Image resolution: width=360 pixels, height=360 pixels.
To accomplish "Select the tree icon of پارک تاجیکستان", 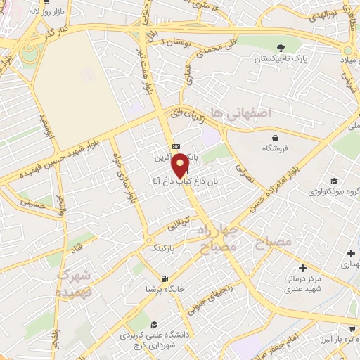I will (x=281, y=48).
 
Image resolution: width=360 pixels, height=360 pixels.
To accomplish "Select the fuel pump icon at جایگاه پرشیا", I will (x=165, y=278).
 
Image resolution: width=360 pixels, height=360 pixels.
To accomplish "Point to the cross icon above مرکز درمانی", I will (x=302, y=267).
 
